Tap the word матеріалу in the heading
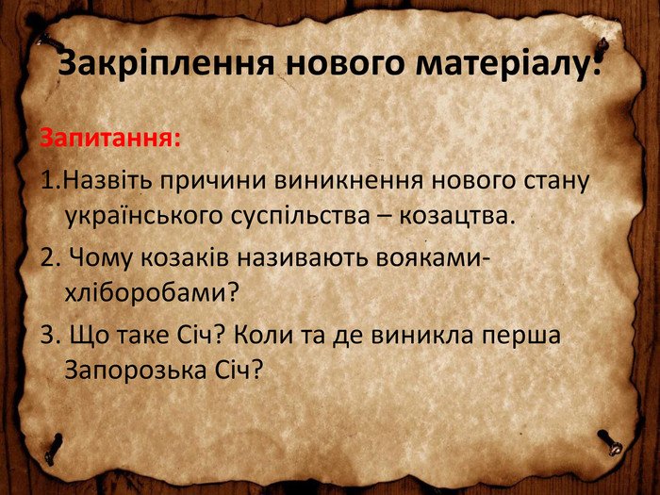(x=501, y=64)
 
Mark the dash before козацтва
(x=386, y=218)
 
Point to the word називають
(x=302, y=256)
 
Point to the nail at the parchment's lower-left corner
(x=54, y=449)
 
